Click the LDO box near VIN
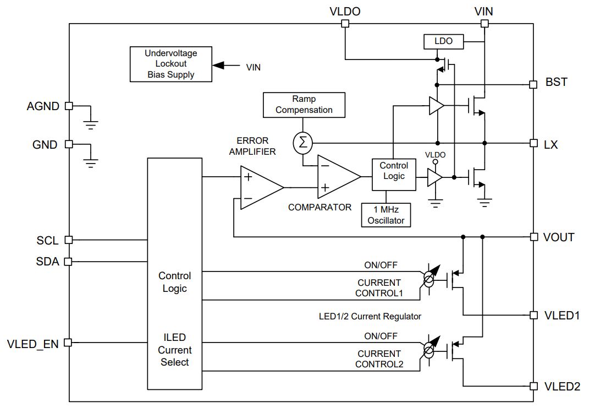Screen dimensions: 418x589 click(x=443, y=41)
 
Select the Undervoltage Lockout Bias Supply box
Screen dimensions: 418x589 click(x=170, y=64)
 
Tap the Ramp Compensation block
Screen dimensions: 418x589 click(x=304, y=105)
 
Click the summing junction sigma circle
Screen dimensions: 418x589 click(x=302, y=143)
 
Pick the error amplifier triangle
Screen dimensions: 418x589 click(x=258, y=187)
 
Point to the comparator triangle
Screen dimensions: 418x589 click(x=336, y=176)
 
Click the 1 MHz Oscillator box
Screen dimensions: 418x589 click(x=386, y=215)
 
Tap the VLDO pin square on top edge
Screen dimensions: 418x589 click(x=345, y=23)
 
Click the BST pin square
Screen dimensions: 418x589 click(x=533, y=84)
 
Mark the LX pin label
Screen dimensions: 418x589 click(x=551, y=145)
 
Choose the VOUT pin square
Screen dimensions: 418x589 click(x=533, y=237)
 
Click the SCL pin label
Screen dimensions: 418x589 click(x=47, y=241)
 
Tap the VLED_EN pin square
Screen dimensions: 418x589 click(x=68, y=343)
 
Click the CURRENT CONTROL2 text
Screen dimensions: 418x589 click(x=379, y=359)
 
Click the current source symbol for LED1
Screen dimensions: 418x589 click(x=428, y=279)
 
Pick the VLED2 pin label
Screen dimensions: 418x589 click(x=562, y=387)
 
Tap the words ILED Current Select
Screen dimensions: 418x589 click(x=174, y=350)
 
